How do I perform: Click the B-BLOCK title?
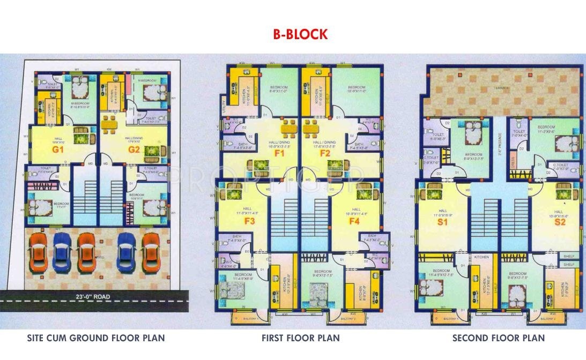tap(299, 35)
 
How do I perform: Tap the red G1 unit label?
tap(58, 150)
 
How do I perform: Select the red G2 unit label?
tap(133, 150)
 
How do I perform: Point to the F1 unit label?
tap(279, 154)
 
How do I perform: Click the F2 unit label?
tap(325, 154)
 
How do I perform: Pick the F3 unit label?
tap(249, 221)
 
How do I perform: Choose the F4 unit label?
tap(354, 221)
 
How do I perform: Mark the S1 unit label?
tap(443, 221)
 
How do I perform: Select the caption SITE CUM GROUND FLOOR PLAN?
tap(96, 338)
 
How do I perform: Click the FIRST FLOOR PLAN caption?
tap(300, 338)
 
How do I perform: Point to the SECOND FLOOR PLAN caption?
tap(498, 338)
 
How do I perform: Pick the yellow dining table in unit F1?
tap(288, 129)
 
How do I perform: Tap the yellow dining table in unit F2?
tap(311, 129)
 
